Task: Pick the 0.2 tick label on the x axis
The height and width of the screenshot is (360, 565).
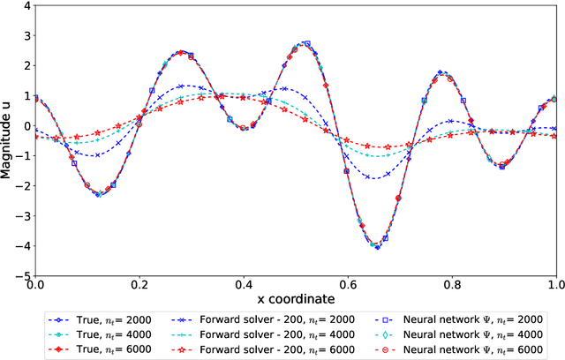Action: (139, 285)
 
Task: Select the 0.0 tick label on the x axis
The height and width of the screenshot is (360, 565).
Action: (35, 285)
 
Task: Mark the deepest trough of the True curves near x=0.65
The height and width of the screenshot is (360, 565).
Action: (377, 247)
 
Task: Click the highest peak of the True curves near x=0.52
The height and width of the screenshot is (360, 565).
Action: (305, 42)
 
